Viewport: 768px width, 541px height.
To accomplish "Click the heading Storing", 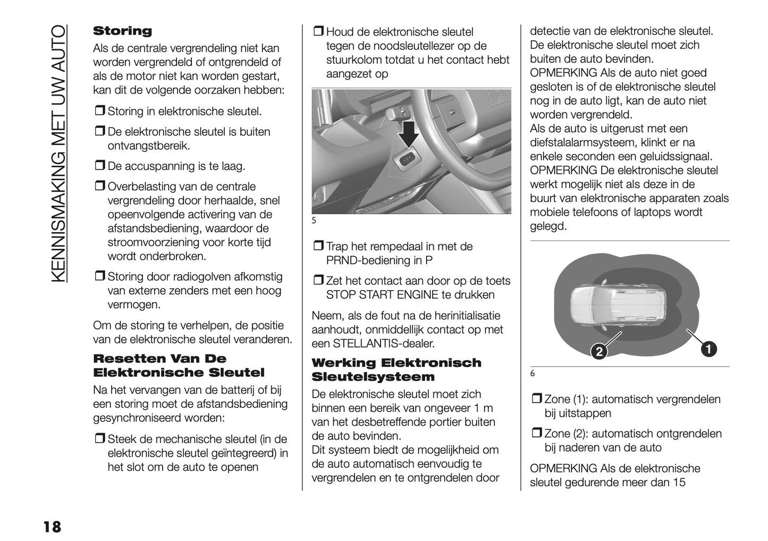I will tap(122, 31).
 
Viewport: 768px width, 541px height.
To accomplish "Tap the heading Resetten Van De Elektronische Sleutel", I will tap(179, 365).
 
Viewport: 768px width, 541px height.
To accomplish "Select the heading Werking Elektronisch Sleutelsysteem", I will tap(396, 369).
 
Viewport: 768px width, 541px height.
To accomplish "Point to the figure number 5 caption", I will tap(314, 221).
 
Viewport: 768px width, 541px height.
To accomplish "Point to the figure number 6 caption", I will tap(533, 374).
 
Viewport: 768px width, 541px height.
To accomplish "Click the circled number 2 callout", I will tap(598, 351).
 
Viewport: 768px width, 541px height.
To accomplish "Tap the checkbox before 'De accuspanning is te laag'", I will tap(99, 166).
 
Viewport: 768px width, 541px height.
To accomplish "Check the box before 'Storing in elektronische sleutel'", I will tap(99, 111).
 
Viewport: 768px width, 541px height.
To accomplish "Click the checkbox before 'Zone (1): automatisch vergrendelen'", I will tap(536, 399).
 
